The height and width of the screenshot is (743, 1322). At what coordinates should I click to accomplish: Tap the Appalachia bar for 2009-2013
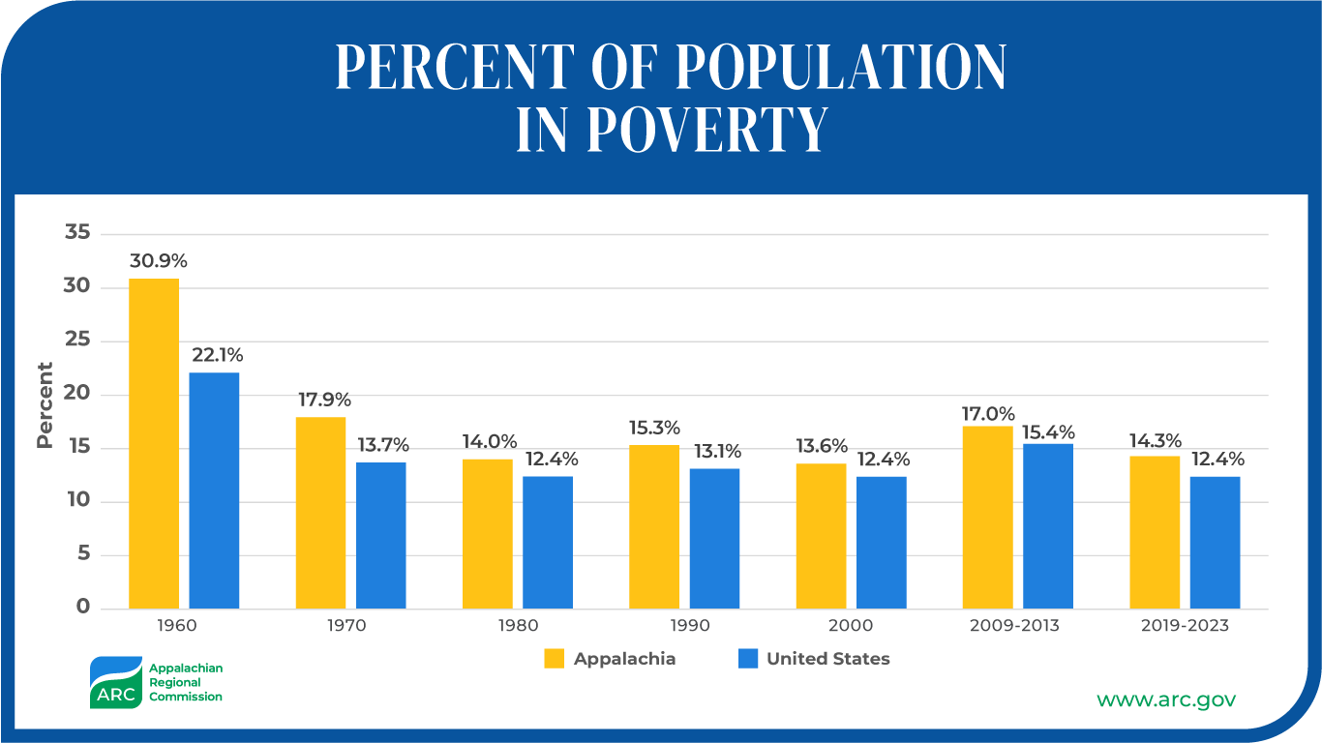(988, 517)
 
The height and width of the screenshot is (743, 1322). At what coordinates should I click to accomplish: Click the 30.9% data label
(158, 261)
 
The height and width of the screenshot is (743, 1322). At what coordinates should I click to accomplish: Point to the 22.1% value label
(218, 355)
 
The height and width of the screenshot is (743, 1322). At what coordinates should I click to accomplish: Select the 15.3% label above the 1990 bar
(654, 428)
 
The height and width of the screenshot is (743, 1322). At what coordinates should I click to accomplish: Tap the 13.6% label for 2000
(822, 446)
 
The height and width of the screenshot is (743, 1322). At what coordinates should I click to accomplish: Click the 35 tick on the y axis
(77, 233)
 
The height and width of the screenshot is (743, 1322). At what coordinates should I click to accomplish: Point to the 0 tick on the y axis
(83, 608)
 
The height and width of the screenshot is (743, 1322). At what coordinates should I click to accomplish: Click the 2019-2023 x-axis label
(1186, 625)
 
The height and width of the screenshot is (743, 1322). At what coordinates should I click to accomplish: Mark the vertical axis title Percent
(45, 405)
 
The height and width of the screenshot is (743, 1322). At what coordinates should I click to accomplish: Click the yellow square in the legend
(554, 659)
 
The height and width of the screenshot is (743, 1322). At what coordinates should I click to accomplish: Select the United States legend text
(827, 659)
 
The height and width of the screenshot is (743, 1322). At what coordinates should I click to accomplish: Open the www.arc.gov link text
(1165, 698)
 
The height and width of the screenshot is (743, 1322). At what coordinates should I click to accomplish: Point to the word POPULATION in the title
(840, 67)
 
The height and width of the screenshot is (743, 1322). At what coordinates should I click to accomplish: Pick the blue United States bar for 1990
(714, 538)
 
